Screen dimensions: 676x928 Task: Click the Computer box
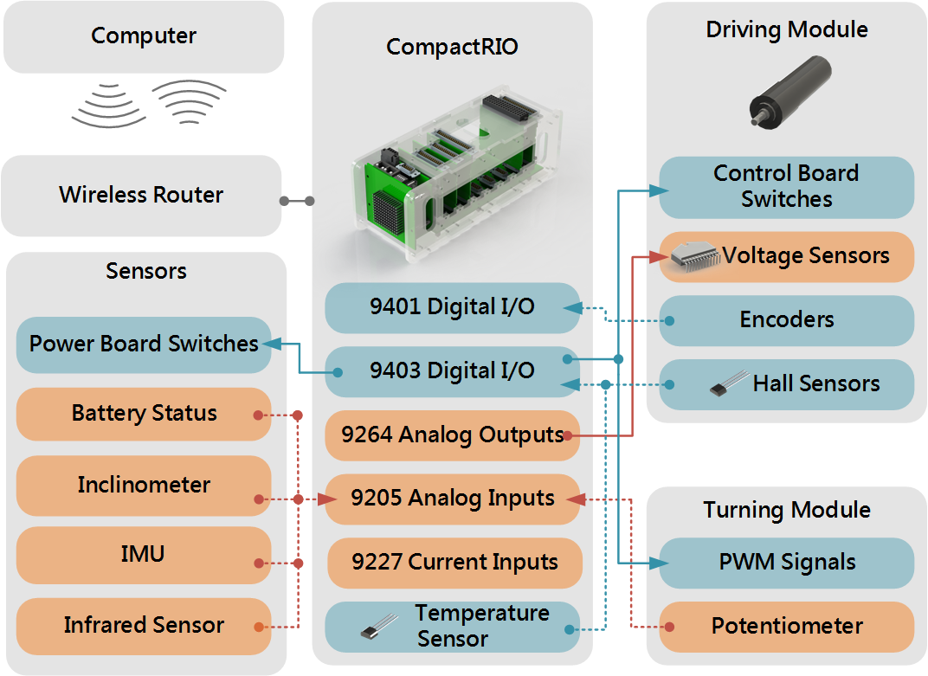pyautogui.click(x=144, y=36)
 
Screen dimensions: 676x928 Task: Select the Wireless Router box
pyautogui.click(x=141, y=195)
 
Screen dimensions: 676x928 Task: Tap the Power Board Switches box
pyautogui.click(x=144, y=344)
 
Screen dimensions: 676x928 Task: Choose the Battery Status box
pyautogui.click(x=144, y=413)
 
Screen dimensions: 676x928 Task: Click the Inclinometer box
pyautogui.click(x=144, y=484)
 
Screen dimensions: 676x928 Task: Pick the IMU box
pyautogui.click(x=144, y=554)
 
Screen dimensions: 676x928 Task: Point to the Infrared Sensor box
pyautogui.click(x=144, y=625)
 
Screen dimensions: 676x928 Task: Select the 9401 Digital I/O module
pyautogui.click(x=452, y=307)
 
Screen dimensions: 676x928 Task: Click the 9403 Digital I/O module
pyautogui.click(x=452, y=370)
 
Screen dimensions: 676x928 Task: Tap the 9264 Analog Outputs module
pyautogui.click(x=452, y=435)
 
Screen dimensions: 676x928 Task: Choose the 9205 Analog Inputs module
pyautogui.click(x=452, y=499)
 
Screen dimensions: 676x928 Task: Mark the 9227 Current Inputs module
pyautogui.click(x=454, y=562)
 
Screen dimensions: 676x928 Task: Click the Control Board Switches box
pyautogui.click(x=786, y=186)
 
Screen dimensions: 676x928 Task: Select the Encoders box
pyautogui.click(x=786, y=319)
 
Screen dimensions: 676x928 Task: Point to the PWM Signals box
pyautogui.click(x=786, y=562)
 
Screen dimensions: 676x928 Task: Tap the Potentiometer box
pyautogui.click(x=786, y=626)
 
